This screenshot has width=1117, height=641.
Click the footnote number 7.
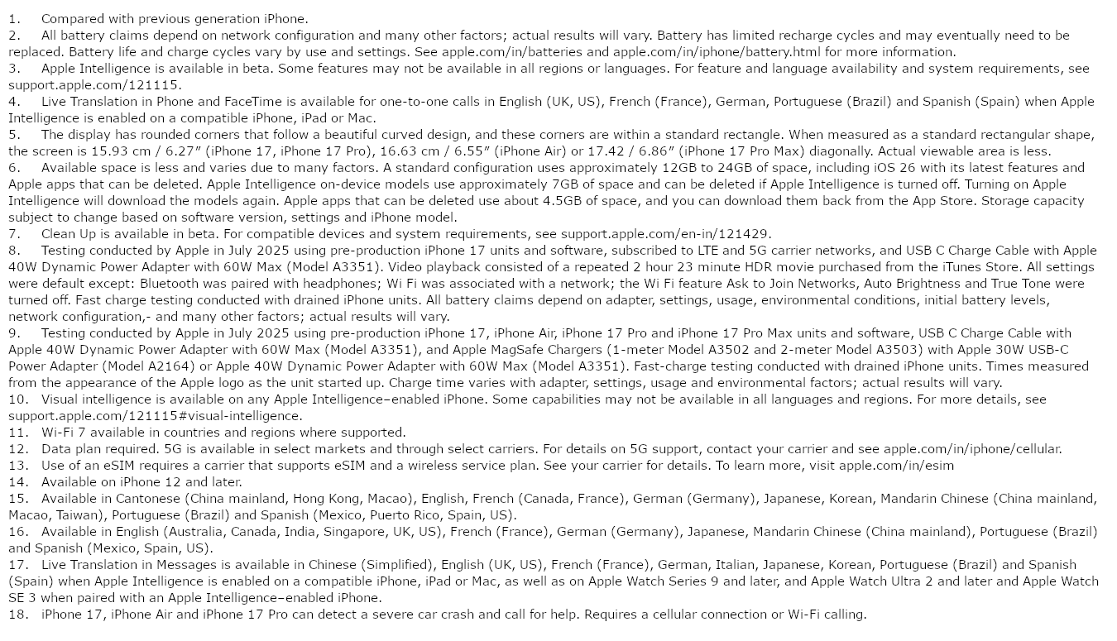pyautogui.click(x=14, y=233)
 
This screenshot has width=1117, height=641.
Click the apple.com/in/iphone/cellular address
pyautogui.click(x=971, y=448)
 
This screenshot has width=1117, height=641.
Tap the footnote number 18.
pyautogui.click(x=17, y=614)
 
